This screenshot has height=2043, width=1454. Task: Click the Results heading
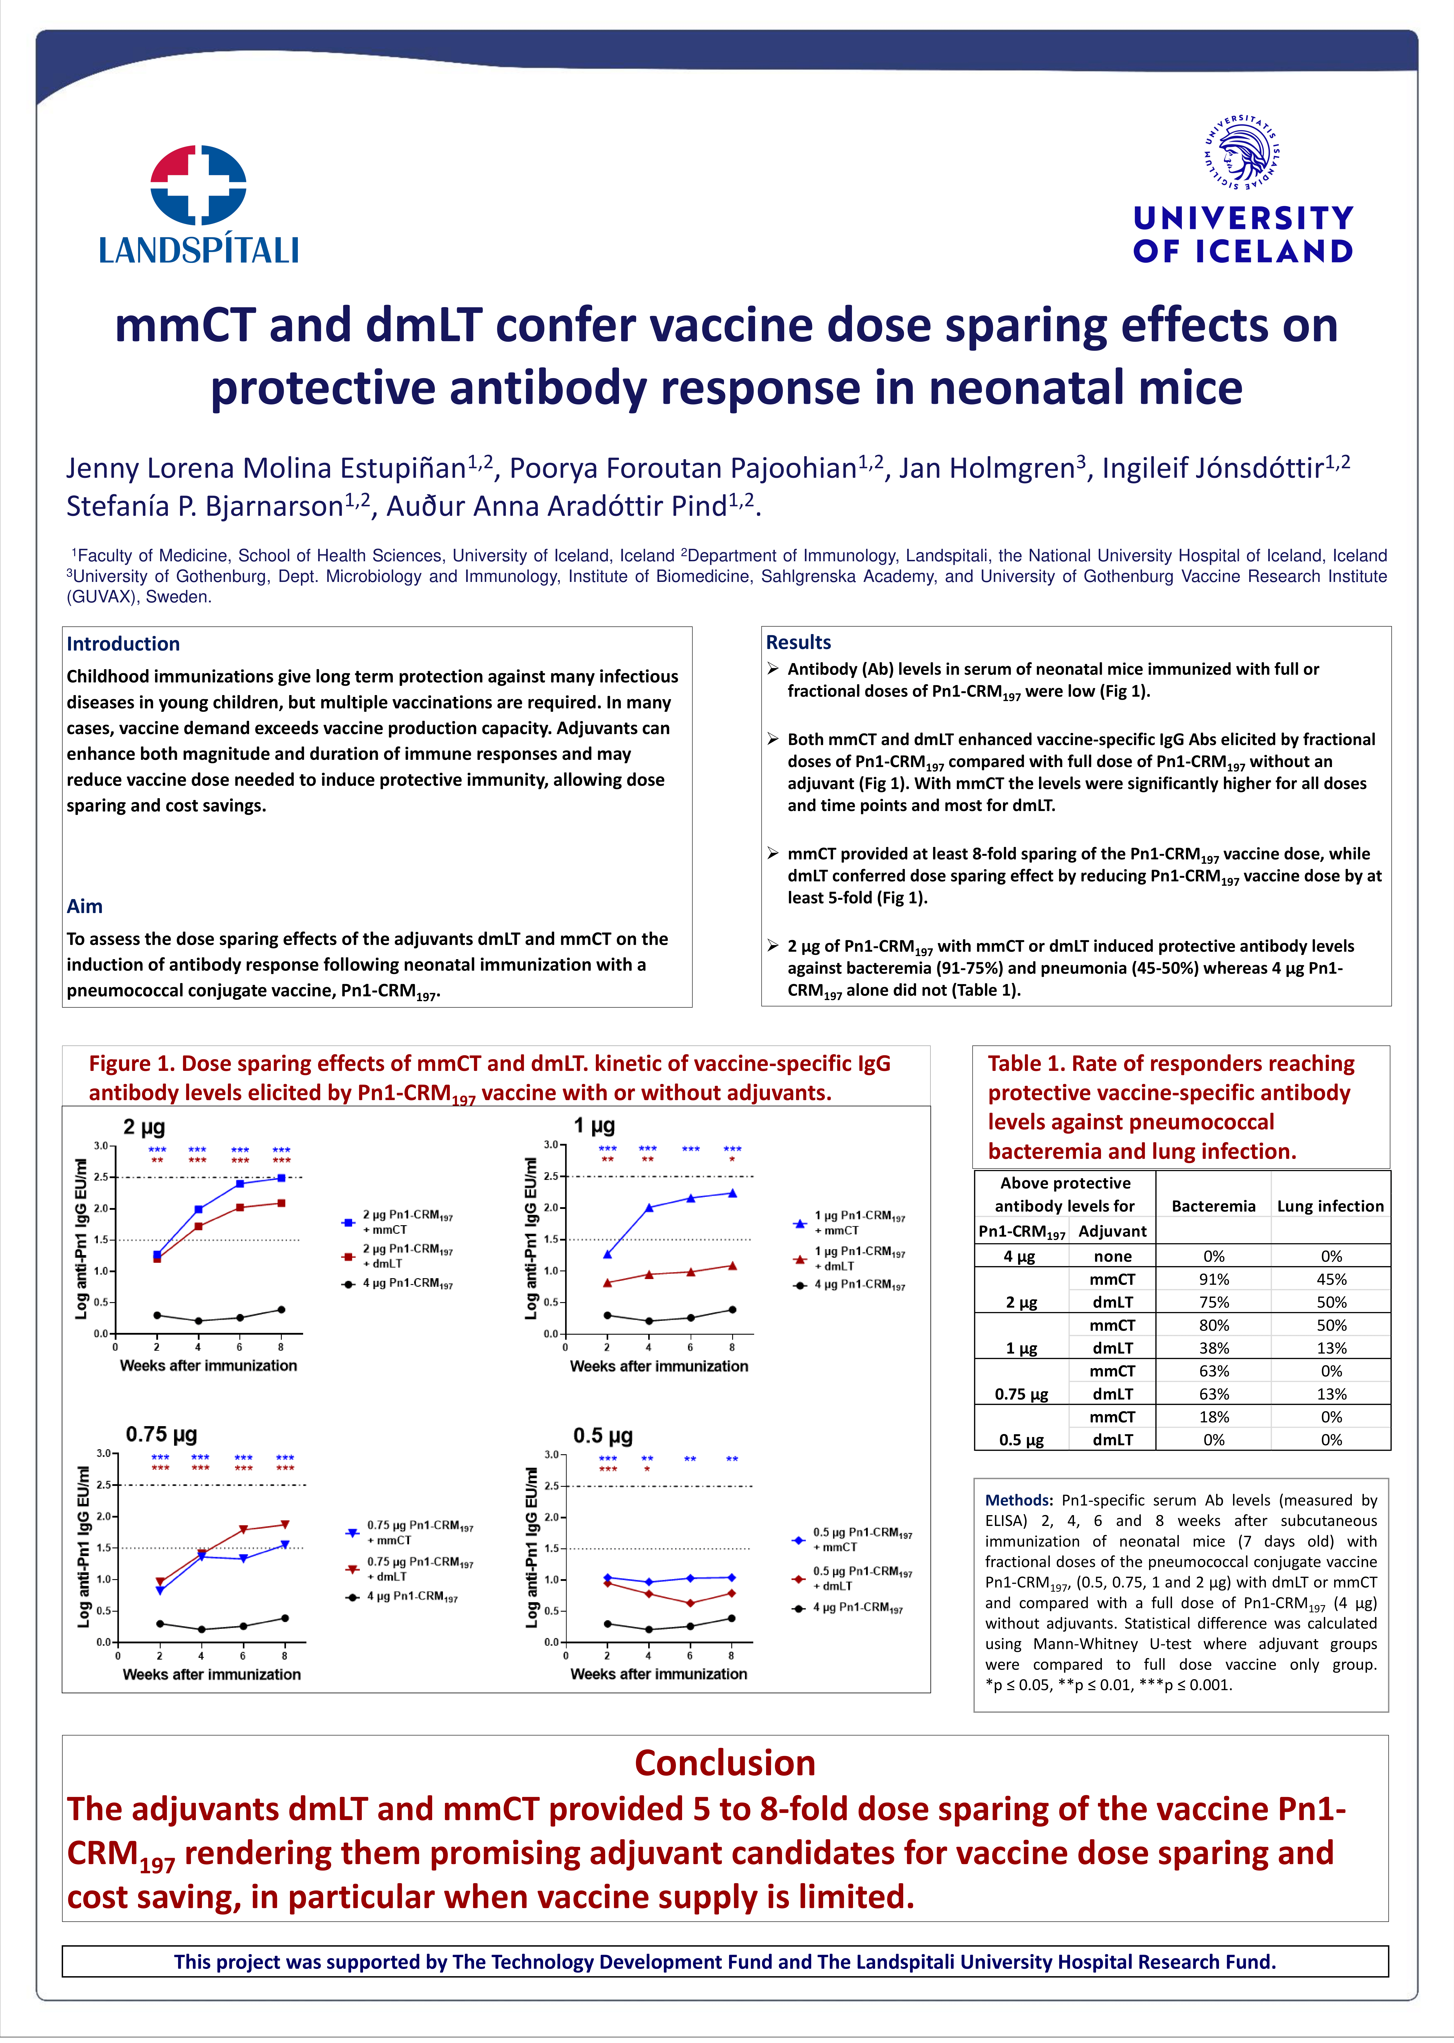pos(798,642)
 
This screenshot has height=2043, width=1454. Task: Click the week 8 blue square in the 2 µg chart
pos(281,1178)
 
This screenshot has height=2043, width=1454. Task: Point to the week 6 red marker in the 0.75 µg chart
pos(243,1530)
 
